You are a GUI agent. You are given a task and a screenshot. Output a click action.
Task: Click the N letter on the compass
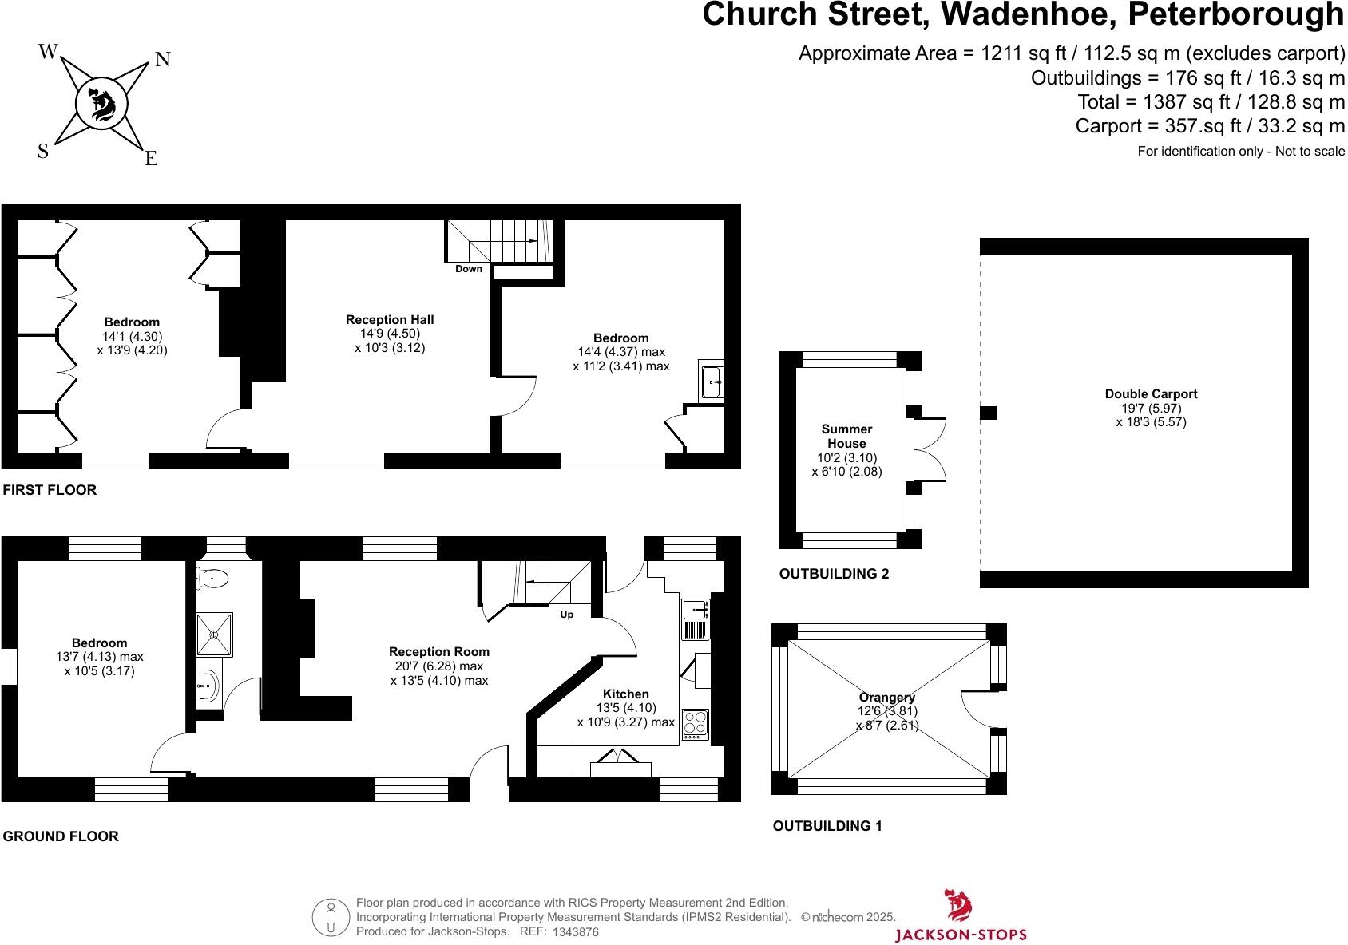point(162,60)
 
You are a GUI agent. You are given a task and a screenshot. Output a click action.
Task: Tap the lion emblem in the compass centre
point(102,105)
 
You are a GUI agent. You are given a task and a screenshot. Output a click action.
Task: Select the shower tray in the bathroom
point(214,635)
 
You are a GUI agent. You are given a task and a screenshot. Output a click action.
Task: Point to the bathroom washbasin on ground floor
point(208,686)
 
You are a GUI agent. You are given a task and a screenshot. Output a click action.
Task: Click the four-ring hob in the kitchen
point(696,722)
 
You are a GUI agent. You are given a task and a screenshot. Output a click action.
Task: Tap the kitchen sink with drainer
point(696,619)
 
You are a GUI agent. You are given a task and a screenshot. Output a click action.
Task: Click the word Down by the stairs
point(469,269)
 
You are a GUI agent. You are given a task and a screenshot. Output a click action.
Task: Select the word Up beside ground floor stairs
point(566,615)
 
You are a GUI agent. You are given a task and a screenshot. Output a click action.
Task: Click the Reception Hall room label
point(390,320)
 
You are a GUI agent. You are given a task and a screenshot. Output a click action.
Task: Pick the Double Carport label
point(1151,394)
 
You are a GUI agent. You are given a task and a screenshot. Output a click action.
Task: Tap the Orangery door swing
point(976,709)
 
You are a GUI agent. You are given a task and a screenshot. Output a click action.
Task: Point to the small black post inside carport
point(989,413)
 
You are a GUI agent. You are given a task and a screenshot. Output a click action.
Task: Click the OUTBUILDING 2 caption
point(834,574)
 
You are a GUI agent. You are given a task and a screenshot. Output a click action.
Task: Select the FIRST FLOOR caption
point(50,490)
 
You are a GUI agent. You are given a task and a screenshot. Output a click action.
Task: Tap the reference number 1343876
point(575,932)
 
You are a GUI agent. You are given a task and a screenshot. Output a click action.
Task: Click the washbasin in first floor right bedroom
point(712,380)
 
